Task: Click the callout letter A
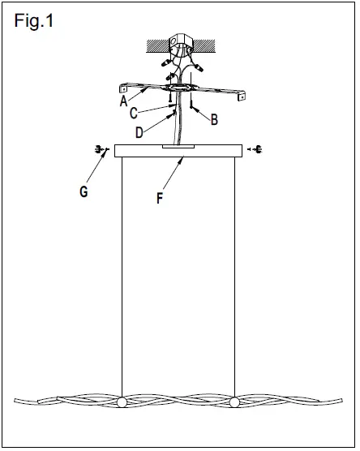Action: [x=123, y=102]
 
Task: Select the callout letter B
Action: [x=214, y=119]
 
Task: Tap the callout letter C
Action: [x=133, y=114]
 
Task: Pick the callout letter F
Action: [x=160, y=197]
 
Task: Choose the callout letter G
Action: [x=84, y=193]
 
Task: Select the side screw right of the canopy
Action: [x=257, y=149]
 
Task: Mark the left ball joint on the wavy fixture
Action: [x=122, y=403]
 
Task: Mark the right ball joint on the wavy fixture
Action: [x=235, y=403]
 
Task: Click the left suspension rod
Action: [x=122, y=276]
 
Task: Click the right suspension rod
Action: [x=235, y=276]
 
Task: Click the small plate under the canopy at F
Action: [x=178, y=148]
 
